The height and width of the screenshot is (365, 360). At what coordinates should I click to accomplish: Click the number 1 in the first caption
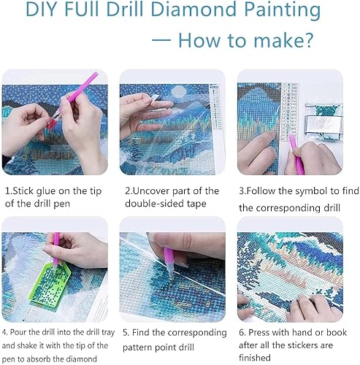point(7,191)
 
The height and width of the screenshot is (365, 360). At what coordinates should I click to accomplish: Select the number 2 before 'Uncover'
point(127,191)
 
